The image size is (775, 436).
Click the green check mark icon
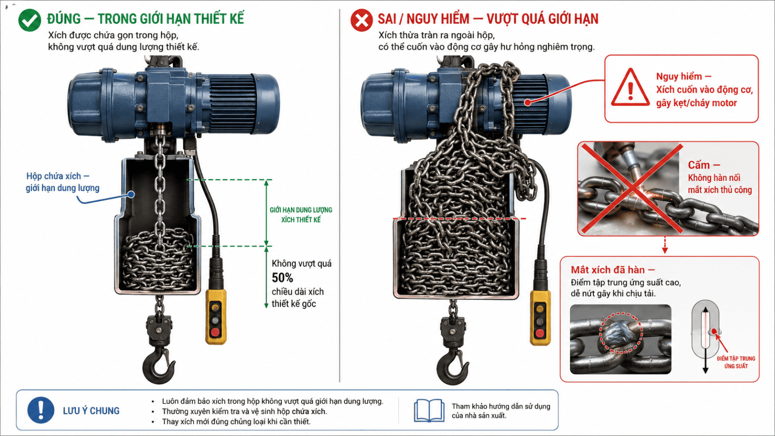pos(30,20)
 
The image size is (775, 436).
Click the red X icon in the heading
pos(361,20)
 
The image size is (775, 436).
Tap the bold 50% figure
pos(282,278)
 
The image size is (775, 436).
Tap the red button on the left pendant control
pos(215,332)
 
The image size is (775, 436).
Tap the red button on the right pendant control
pos(540,333)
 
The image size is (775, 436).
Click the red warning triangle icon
pos(630,88)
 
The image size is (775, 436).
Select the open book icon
pos(429,411)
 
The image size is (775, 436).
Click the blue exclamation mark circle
pos(41,410)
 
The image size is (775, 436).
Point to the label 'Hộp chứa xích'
pos(54,176)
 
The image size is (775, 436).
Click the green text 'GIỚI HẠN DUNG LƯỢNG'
pos(301,210)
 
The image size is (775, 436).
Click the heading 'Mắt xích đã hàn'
pos(608,270)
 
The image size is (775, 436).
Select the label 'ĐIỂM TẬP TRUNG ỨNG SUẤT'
pos(736,362)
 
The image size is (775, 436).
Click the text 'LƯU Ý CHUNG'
pos(91,411)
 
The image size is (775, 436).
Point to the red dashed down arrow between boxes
pos(665,245)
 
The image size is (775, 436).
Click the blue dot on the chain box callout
pos(131,194)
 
